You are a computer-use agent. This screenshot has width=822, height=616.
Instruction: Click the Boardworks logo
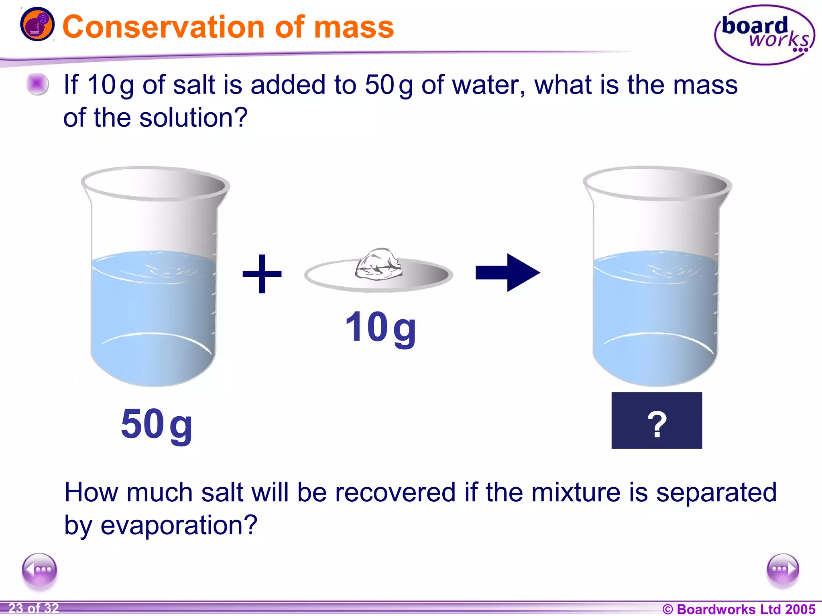(x=764, y=35)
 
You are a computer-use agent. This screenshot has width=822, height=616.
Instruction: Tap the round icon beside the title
(x=37, y=24)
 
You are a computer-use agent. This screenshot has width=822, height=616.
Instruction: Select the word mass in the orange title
(x=354, y=27)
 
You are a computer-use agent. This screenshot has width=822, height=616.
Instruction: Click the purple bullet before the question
(x=37, y=84)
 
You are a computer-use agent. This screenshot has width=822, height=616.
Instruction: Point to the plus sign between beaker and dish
(x=262, y=274)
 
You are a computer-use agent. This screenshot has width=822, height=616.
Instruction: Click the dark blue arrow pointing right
(x=508, y=273)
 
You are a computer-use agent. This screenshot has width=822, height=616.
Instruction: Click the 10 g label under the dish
(x=380, y=328)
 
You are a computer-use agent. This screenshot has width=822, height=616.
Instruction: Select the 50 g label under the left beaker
(x=157, y=424)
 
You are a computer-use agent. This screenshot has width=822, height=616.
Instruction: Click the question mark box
(x=657, y=420)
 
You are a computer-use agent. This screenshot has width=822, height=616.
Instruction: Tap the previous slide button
(x=39, y=570)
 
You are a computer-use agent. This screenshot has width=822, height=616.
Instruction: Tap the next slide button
(x=782, y=569)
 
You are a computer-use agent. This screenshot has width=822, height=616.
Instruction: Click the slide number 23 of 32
(x=34, y=608)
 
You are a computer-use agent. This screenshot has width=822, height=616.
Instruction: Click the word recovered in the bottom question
(x=395, y=492)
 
